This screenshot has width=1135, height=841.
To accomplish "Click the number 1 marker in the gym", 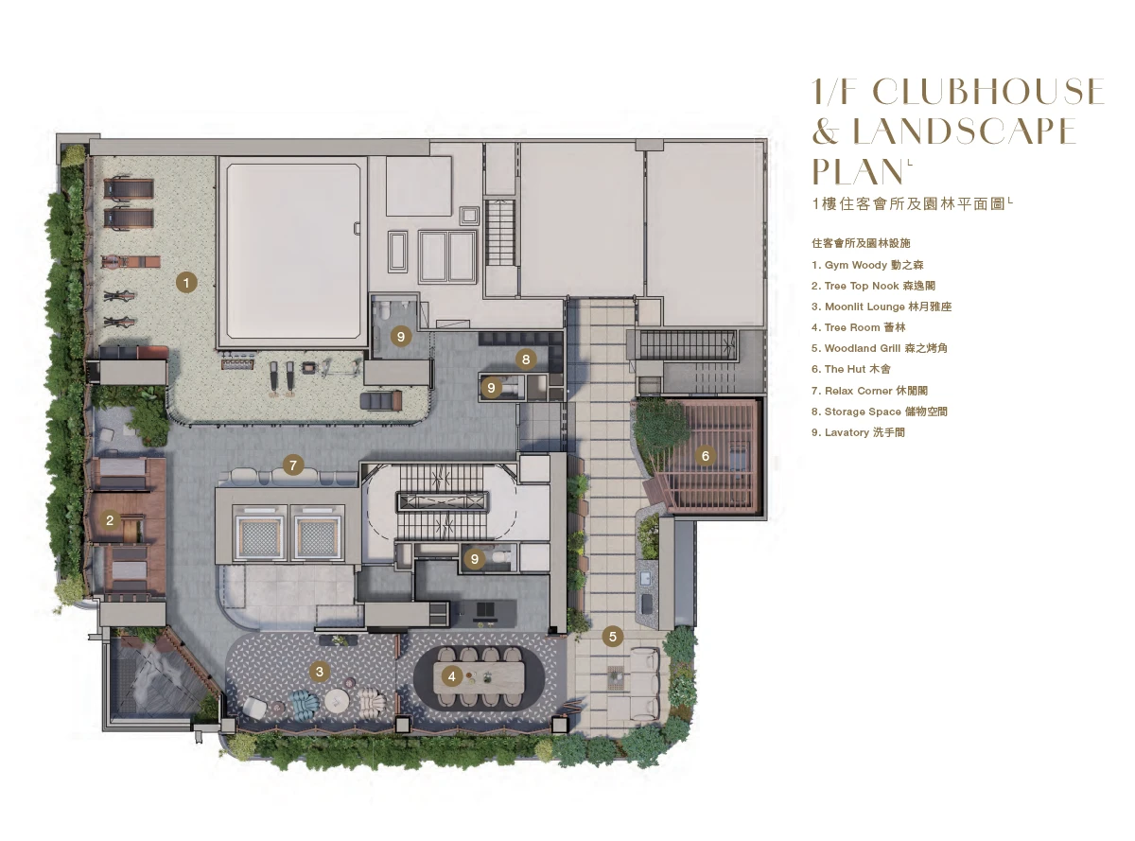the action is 186,282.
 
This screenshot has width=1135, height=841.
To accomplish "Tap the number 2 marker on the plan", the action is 110,520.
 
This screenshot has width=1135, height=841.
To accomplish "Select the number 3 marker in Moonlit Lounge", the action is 320,671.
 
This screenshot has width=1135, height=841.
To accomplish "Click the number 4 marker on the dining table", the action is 451,676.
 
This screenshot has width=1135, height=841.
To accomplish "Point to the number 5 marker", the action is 613,637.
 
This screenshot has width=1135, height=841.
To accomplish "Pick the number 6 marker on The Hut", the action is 706,456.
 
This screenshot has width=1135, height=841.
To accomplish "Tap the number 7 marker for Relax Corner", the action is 292,465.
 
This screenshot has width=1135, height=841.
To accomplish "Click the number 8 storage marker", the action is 526,359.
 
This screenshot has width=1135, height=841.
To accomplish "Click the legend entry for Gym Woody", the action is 867,265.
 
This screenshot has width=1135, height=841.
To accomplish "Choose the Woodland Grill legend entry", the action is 879,348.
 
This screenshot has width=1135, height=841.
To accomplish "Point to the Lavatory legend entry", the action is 858,432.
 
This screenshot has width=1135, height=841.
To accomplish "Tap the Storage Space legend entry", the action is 879,412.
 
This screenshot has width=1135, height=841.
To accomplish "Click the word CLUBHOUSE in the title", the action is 988,91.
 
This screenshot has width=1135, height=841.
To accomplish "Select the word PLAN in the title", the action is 858,171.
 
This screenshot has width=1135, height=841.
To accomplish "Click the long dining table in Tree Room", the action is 479,677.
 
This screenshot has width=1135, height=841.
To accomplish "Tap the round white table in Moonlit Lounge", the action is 336,700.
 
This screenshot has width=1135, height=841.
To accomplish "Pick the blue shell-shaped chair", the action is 305,701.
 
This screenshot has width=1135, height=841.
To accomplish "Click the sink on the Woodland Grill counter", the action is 646,578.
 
